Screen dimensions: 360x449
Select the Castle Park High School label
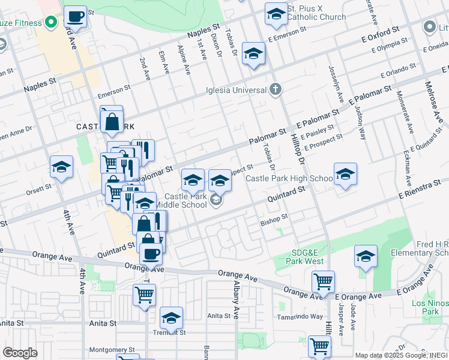(289, 179)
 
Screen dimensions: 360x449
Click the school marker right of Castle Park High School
(345, 174)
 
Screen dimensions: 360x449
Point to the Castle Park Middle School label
(185, 200)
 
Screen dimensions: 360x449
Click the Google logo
(20, 353)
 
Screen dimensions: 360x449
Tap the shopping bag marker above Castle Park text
(112, 121)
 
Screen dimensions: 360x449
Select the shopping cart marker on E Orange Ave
(323, 281)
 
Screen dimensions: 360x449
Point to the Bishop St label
(274, 221)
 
